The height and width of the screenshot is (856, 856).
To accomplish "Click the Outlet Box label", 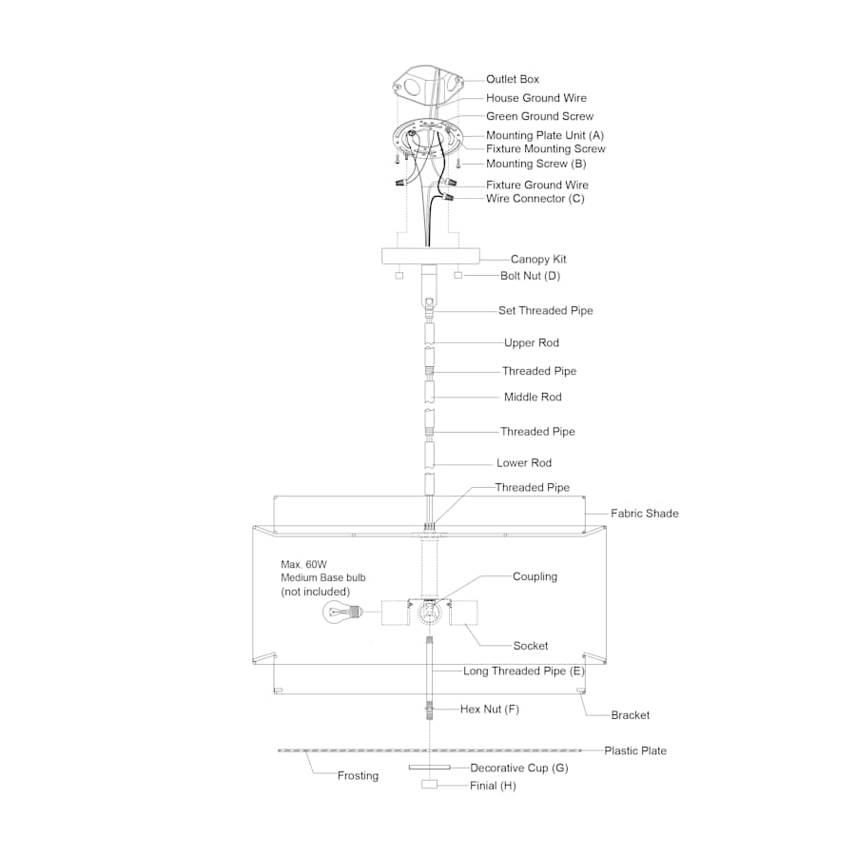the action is coord(512,79).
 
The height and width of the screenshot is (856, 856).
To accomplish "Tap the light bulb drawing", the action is coord(342,612).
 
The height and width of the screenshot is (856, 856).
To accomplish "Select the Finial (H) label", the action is coord(493,786).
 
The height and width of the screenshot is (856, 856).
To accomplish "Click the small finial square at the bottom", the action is coord(429,785).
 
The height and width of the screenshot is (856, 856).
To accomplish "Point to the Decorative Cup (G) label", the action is coord(518,768).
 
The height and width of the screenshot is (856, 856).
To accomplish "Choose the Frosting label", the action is coord(358,776).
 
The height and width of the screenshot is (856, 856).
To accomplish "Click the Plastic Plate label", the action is coord(635,750).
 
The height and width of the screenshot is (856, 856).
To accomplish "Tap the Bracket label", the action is coord(630,715).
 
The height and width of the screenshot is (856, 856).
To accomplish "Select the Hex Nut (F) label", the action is coord(489,710).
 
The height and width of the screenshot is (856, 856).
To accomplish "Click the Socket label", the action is coord(530,646).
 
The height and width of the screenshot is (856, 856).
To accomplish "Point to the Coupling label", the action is coord(535,576).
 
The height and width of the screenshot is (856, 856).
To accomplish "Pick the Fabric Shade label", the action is coord(644,514).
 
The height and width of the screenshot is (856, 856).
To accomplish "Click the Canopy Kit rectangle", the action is coord(430,256).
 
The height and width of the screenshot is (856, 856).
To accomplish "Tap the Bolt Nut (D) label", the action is coord(530,276).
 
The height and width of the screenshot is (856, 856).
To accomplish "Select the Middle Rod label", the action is coord(533,397).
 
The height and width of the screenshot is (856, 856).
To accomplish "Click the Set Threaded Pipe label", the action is coord(545,311).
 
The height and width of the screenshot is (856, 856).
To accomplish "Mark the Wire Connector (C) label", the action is coord(535,199).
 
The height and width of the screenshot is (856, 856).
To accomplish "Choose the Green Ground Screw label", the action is coord(539,116).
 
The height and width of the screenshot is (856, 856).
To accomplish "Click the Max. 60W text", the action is coord(303,564).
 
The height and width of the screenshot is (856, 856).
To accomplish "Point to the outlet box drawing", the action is coord(429,82).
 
